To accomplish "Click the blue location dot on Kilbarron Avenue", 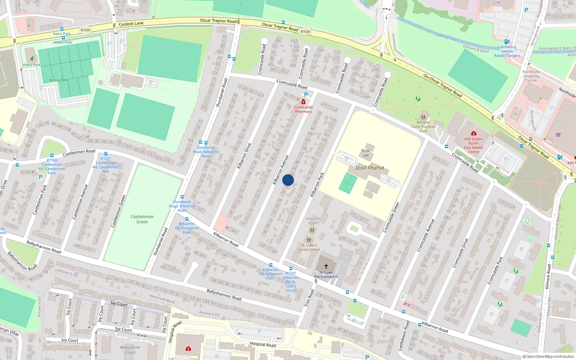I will click(x=288, y=180).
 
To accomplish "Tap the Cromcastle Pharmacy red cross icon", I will click(x=303, y=102).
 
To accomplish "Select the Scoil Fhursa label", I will click(x=369, y=168).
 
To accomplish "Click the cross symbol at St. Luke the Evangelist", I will click(x=326, y=266).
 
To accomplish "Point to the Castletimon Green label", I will click(x=142, y=219).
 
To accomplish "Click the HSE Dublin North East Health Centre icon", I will click(x=473, y=134).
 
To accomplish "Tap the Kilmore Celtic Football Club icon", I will click(x=423, y=117).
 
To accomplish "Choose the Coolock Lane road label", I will click(x=131, y=24).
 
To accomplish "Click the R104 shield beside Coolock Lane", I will click(x=85, y=30).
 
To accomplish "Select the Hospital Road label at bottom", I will click(x=263, y=345).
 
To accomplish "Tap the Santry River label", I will click(x=447, y=37).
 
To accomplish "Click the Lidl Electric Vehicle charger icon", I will click(x=507, y=42).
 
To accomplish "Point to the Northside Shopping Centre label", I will click(x=531, y=76).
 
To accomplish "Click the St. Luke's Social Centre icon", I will click(x=309, y=240).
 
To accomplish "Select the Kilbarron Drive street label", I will click(x=244, y=156).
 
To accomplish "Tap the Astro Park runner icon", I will click(x=32, y=59).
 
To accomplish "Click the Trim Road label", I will click(x=309, y=298).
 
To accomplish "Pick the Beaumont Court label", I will click(x=130, y=350).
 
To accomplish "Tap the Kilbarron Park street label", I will click(x=317, y=184).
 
